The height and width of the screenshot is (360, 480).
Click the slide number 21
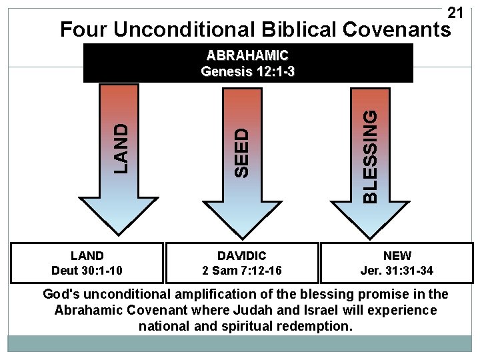455,13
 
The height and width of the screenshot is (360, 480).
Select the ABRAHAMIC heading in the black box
248,55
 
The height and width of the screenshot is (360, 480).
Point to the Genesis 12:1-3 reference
248,71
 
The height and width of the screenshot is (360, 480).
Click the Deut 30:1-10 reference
87,270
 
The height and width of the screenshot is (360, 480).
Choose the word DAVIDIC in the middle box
242,256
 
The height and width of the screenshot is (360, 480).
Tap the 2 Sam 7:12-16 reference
242,270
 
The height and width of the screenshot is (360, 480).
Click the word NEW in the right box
397,256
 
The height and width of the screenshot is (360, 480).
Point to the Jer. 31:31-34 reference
397,270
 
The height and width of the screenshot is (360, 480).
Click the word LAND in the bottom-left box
87,256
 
